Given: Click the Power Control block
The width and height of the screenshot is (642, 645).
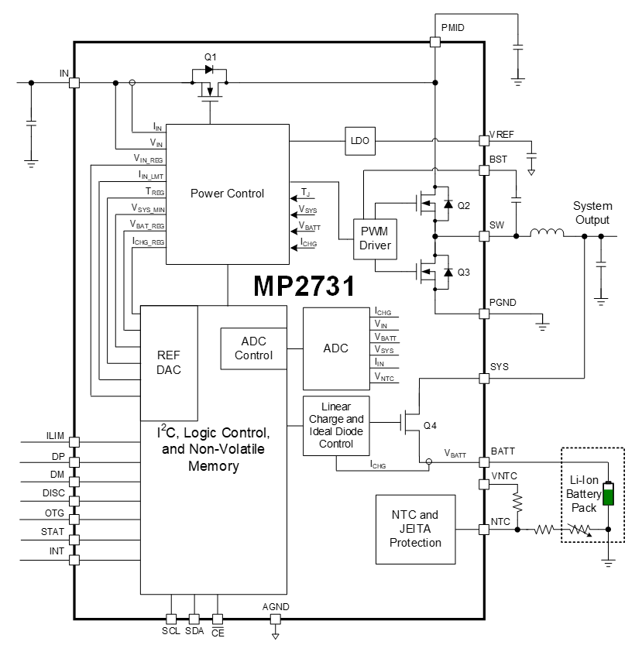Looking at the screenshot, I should click(x=227, y=194).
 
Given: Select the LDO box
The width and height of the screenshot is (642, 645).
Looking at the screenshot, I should click(x=360, y=141).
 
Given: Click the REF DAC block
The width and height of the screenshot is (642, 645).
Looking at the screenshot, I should click(x=168, y=362).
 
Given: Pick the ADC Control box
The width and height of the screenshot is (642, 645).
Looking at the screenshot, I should click(x=253, y=348).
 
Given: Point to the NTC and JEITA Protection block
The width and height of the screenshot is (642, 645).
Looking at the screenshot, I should click(x=415, y=528).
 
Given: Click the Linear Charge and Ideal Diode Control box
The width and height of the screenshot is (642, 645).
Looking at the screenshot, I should click(x=335, y=425).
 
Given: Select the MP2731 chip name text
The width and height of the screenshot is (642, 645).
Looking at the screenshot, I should click(x=304, y=286).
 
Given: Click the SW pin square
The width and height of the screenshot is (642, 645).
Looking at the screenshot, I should click(x=484, y=235).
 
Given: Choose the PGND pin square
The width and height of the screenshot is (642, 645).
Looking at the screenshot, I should click(x=484, y=314).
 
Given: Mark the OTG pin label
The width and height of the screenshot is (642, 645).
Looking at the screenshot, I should click(x=54, y=513).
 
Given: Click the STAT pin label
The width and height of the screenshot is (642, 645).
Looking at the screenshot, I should click(x=53, y=532).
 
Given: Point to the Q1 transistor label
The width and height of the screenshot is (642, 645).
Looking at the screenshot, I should click(x=211, y=57).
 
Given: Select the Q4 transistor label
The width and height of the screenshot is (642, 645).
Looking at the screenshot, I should click(x=431, y=425).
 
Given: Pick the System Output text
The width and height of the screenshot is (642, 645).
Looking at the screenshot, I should click(x=592, y=213).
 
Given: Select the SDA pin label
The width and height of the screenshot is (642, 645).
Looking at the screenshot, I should click(x=194, y=631).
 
